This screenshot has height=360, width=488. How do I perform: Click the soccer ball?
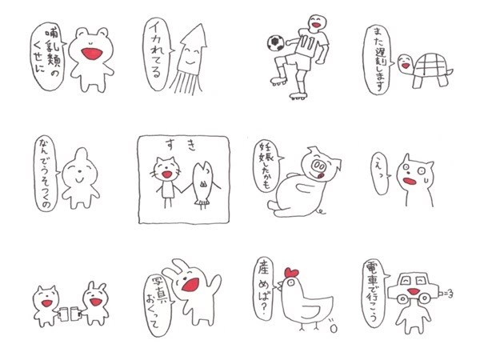pos(276,43)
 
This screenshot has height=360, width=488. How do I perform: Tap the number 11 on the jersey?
pos(306,43)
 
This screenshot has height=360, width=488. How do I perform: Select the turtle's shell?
pos(431,65)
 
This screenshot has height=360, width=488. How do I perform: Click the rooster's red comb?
pos(292,273)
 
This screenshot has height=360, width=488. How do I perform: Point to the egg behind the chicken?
pos(334,329)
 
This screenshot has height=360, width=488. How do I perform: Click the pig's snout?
pos(318,166)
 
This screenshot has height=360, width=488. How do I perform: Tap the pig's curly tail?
pos(321,212)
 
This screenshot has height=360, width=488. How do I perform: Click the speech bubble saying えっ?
pos(380,174)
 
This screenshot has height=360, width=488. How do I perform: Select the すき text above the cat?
pos(181,145)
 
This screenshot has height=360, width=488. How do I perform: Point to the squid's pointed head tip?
pos(202,25)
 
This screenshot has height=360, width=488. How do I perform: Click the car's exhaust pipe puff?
pos(446,293)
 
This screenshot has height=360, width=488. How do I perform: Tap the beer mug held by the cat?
pos(63,314)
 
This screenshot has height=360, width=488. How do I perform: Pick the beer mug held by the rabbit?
pos(76,314)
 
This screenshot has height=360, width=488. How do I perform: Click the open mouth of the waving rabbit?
pos(190,285)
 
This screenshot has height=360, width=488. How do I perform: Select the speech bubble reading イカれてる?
pos(158,54)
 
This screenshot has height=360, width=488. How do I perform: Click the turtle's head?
pos(406,63)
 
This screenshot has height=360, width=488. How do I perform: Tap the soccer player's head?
pos(318,22)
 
